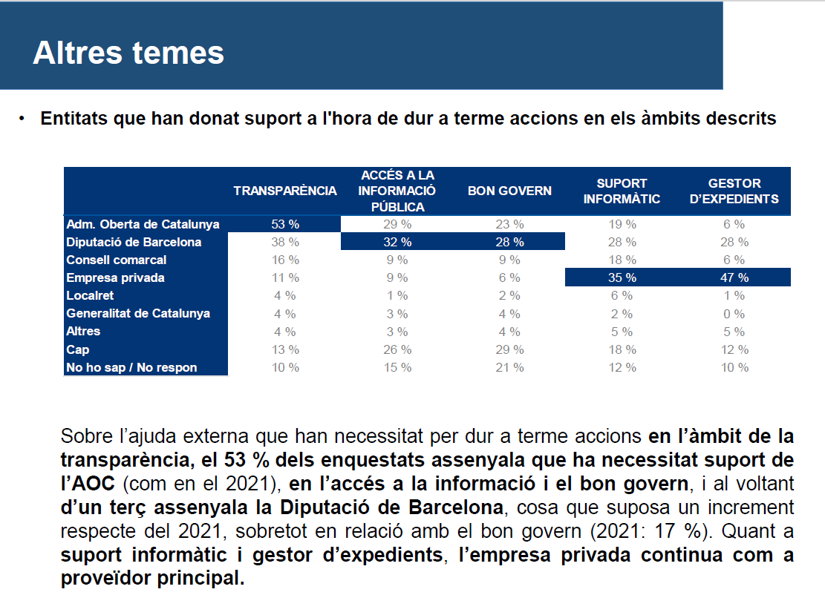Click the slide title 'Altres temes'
click(128, 53)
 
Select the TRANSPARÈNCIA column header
click(285, 191)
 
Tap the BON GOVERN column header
click(509, 191)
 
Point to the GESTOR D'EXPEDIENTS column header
click(734, 191)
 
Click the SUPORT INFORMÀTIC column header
click(622, 191)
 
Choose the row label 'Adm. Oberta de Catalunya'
click(143, 225)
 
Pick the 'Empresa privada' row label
click(115, 277)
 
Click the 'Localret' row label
click(90, 295)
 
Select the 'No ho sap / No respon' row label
click(131, 367)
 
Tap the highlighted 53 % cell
click(285, 225)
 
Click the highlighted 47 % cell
click(734, 277)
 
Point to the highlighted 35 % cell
click(622, 277)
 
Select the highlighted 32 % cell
click(397, 243)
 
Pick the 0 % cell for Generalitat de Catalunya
click(734, 314)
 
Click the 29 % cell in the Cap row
click(509, 349)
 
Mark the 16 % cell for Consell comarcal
click(285, 260)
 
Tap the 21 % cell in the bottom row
click(509, 367)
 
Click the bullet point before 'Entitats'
click(22, 119)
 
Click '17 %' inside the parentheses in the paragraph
click(677, 531)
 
